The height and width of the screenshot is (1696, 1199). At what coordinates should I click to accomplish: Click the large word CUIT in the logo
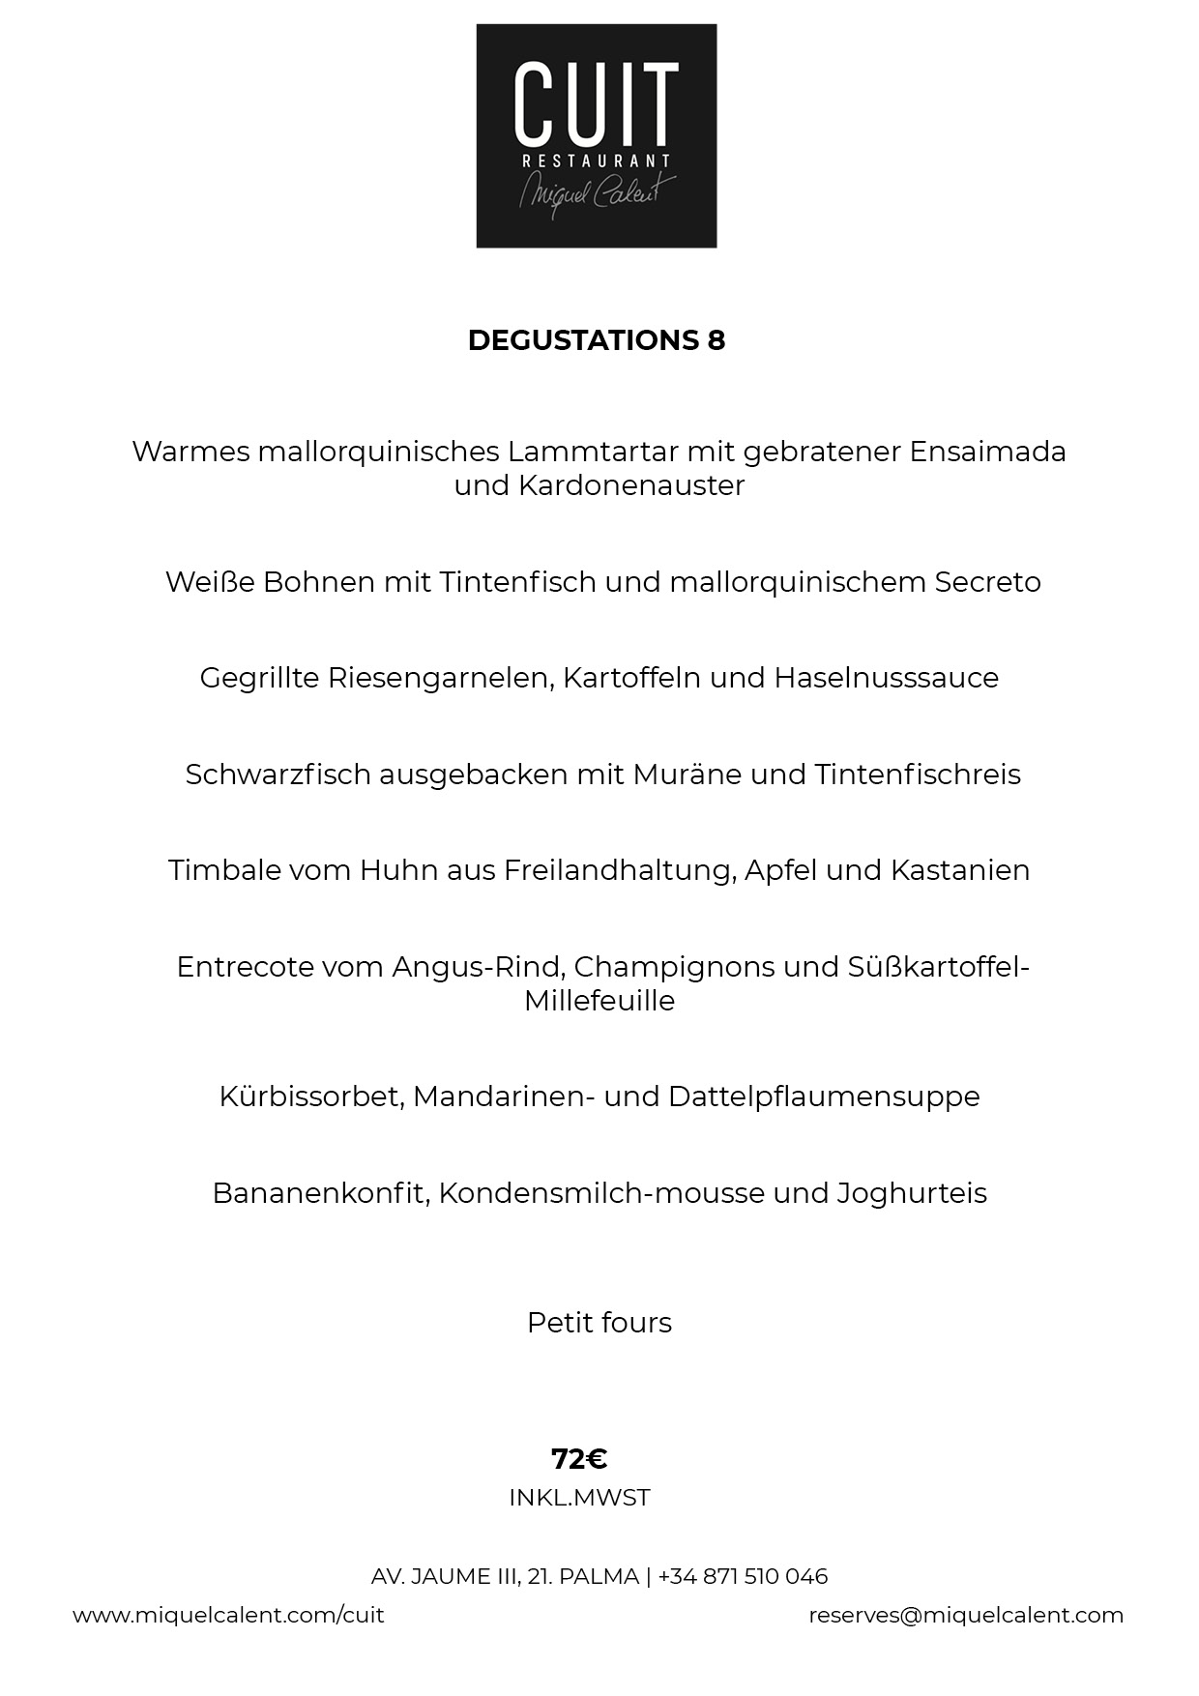pos(596,102)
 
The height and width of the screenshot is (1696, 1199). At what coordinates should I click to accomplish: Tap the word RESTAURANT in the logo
pos(596,161)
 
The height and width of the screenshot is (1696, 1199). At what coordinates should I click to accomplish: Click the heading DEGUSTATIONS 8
pos(596,340)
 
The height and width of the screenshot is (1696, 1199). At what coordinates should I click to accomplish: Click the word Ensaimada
pos(987,452)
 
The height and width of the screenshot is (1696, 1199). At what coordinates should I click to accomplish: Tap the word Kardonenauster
pos(631,485)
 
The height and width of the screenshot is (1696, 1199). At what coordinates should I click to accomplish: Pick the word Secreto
pos(987,582)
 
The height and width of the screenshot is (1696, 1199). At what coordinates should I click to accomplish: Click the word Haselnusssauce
pos(886,678)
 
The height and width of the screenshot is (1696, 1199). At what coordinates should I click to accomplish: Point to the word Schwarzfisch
pos(277,775)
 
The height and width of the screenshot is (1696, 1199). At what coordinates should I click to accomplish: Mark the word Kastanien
pos(959,870)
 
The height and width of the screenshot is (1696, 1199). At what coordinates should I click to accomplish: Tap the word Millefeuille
pos(599,1001)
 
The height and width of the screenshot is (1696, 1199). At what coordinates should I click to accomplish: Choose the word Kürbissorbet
pos(310,1097)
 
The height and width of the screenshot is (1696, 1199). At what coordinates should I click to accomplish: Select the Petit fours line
pos(599,1323)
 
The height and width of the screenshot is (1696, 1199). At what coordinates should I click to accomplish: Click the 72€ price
pos(579,1458)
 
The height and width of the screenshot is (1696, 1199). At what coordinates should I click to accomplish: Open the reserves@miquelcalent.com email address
pos(966,1615)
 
